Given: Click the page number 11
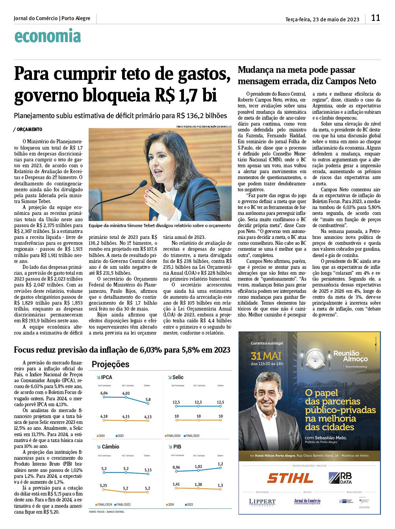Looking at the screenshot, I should [x=375, y=18].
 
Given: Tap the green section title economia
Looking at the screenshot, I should [x=48, y=36].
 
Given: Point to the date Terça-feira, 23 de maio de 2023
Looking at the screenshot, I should [x=322, y=19].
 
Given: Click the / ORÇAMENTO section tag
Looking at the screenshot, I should [x=28, y=129].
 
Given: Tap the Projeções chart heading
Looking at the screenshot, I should [x=110, y=364].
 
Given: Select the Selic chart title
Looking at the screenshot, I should [x=178, y=377].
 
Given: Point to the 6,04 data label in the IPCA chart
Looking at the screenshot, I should [x=104, y=393].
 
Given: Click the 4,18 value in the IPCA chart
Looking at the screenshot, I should [x=104, y=416].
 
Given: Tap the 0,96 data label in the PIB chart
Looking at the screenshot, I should [x=176, y=468].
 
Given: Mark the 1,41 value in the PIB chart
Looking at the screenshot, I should [x=176, y=485].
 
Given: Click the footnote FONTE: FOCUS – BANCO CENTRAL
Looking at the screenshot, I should [x=106, y=512].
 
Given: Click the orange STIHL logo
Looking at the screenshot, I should [x=290, y=478].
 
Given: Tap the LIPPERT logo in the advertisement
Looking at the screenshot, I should [x=262, y=502].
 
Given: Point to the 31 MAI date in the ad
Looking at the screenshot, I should [x=266, y=356].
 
